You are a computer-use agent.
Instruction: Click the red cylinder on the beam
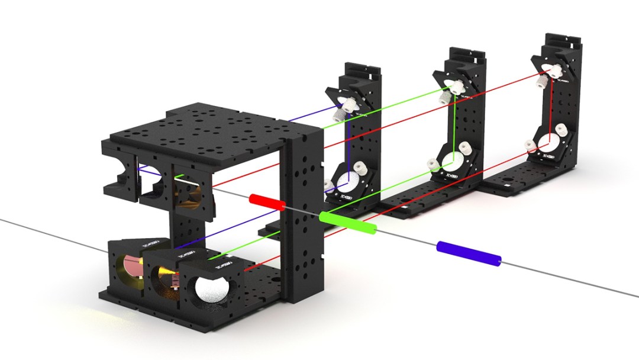pos(267,202)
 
